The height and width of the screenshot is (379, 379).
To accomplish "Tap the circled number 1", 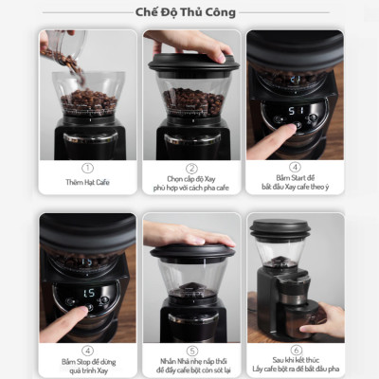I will point(87,167).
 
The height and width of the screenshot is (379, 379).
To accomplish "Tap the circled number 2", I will point(190,167).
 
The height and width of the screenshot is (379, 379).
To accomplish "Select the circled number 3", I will point(295,167).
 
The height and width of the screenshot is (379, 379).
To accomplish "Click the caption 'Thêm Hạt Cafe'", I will point(87,182).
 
